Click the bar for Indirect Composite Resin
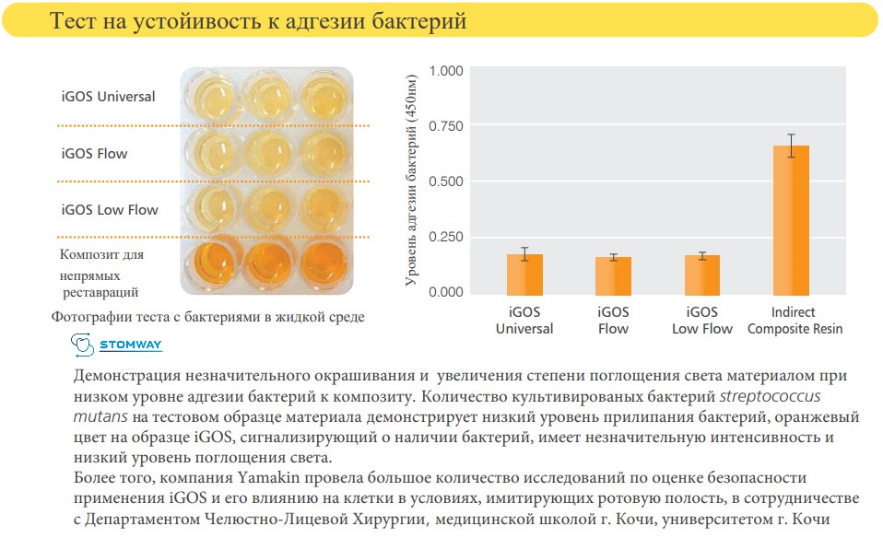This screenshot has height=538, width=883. [x=791, y=221]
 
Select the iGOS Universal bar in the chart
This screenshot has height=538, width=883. [x=524, y=274]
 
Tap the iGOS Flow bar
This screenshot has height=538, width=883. [x=613, y=275]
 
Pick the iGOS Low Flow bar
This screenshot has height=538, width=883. [x=701, y=275]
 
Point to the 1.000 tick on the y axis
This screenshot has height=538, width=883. [x=447, y=71]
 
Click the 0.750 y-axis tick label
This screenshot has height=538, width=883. [x=447, y=126]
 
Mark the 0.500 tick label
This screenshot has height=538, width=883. [x=447, y=181]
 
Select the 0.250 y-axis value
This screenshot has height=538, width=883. [x=447, y=237]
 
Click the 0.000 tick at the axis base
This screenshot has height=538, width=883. [x=447, y=292]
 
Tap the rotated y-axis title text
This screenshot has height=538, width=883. [x=411, y=181]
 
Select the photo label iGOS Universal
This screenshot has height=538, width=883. [x=108, y=97]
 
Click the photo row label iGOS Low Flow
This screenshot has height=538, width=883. [x=110, y=210]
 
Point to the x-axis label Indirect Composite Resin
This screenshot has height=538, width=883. [x=795, y=320]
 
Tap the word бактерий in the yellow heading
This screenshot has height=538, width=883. [x=424, y=20]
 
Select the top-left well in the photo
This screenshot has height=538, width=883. [x=209, y=95]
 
